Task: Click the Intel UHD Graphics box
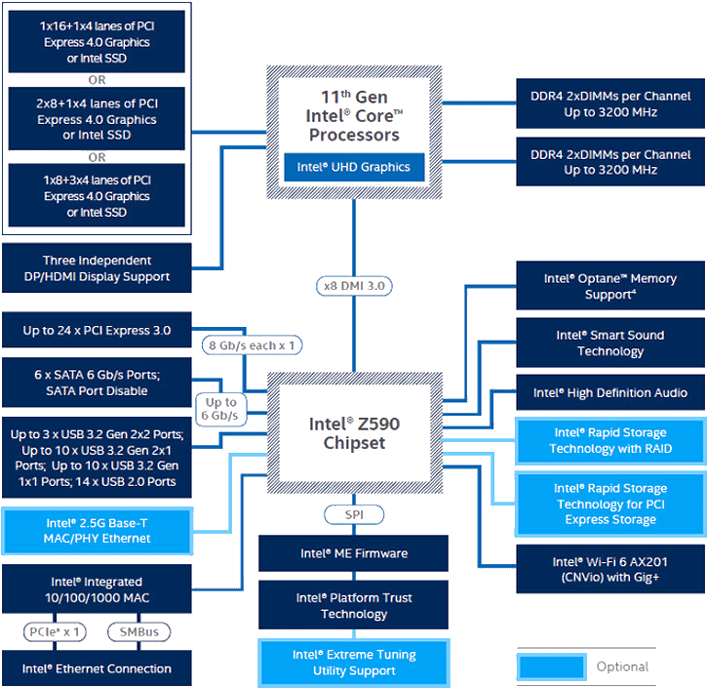354,167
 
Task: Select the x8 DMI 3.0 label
354,286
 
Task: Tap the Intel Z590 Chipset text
354,433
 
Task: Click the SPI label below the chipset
354,514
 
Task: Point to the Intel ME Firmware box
354,553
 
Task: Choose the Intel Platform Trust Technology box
354,606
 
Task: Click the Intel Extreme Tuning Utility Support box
354,662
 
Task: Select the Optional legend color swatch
551,668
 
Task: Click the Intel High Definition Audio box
609,392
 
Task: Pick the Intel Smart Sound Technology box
609,343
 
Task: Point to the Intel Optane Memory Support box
609,286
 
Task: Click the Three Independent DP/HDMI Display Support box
96,268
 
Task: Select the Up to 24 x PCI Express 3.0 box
96,331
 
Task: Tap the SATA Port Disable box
96,382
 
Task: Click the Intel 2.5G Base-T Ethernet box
96,531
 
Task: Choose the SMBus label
139,631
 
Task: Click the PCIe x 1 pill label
54,631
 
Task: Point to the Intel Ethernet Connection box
96,668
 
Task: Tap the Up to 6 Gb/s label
220,409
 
